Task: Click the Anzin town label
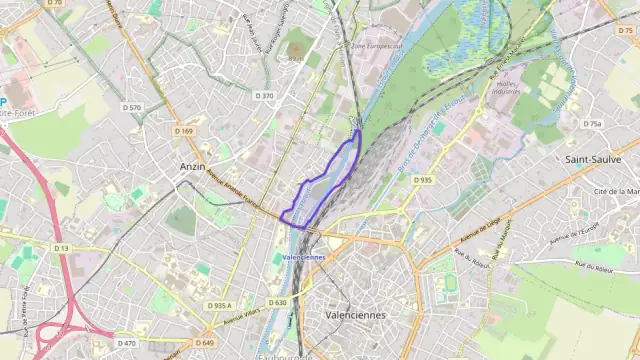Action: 192,166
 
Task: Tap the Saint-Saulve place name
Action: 593,159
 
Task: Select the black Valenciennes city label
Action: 355,314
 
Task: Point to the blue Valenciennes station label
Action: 305,257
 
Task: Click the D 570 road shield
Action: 132,107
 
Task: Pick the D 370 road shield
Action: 264,96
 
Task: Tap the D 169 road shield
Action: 184,131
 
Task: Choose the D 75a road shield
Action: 593,124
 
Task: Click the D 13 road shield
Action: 61,248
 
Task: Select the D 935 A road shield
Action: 219,305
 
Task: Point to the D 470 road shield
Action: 126,343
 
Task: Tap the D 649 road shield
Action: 205,343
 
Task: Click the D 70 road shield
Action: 54,3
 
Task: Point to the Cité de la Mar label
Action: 615,191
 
